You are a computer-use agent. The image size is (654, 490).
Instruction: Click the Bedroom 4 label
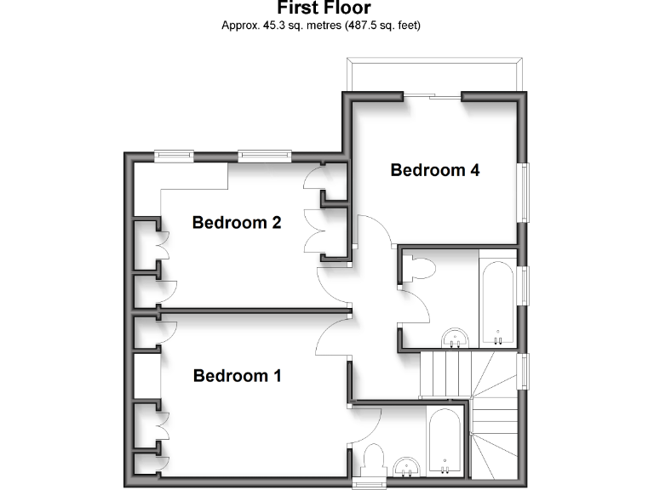click(434, 170)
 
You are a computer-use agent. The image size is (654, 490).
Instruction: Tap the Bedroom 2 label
click(237, 223)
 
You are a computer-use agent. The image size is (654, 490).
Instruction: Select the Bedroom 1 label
click(237, 375)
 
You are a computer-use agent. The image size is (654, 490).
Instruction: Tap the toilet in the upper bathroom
click(421, 269)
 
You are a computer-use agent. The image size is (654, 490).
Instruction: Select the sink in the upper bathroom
click(456, 339)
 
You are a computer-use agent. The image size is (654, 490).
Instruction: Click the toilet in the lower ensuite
click(374, 461)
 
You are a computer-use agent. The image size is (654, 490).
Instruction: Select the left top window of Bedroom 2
click(174, 155)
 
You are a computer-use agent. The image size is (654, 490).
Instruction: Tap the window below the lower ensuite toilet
click(367, 484)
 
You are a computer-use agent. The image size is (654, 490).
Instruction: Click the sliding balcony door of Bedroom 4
click(433, 97)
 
